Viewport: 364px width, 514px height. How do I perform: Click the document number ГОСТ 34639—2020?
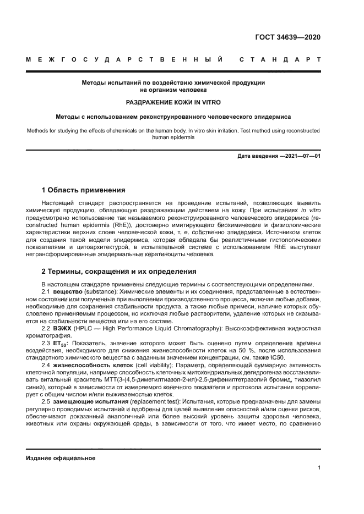288,38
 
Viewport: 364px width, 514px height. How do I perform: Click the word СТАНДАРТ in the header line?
280,59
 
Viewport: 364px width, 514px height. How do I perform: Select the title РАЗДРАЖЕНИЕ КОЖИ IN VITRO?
173,103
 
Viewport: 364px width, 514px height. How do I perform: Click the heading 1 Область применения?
84,190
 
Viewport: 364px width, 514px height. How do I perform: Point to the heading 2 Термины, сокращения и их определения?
118,272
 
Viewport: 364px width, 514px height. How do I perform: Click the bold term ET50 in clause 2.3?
62,344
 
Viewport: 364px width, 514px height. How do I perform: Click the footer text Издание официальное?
61,458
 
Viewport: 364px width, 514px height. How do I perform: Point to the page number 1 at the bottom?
319,468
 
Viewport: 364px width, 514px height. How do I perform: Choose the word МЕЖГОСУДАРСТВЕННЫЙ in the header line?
124,59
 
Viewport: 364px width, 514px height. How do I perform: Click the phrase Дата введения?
257,157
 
